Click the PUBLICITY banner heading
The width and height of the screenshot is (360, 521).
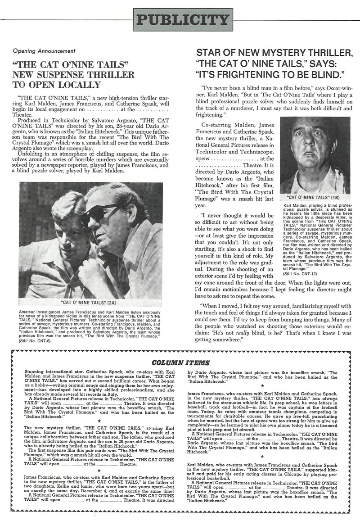click(x=182, y=20)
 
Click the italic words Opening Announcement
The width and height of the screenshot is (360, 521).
click(x=44, y=51)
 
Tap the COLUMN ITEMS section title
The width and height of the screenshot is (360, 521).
click(x=180, y=362)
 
